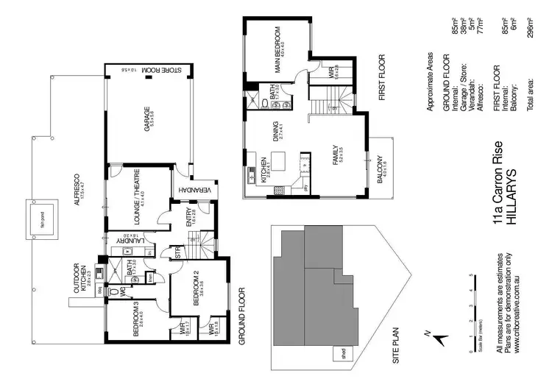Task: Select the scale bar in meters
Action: (x=472, y=313)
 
